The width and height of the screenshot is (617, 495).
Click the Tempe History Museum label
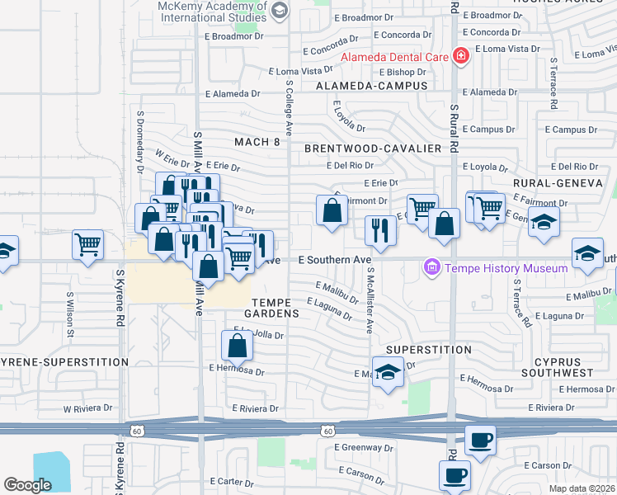506,268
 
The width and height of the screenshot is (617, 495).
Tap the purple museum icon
431,267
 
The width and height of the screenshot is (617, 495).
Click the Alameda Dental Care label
395,57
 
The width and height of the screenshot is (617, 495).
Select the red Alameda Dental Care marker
460,56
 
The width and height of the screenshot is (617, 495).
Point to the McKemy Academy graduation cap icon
279,11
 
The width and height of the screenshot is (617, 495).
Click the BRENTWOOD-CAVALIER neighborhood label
372,148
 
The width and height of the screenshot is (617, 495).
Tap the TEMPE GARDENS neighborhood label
276,308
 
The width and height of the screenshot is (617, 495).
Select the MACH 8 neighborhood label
257,142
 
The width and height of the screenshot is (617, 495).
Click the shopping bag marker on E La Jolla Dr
237,345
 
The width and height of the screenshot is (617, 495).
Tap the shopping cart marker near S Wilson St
87,244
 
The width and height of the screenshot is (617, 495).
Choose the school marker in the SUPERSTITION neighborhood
388,371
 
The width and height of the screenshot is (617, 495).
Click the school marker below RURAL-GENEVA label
544,222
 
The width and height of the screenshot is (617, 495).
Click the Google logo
28,485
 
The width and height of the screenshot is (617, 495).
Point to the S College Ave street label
289,107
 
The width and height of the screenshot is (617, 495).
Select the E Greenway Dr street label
363,448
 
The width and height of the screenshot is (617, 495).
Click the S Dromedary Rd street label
141,136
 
